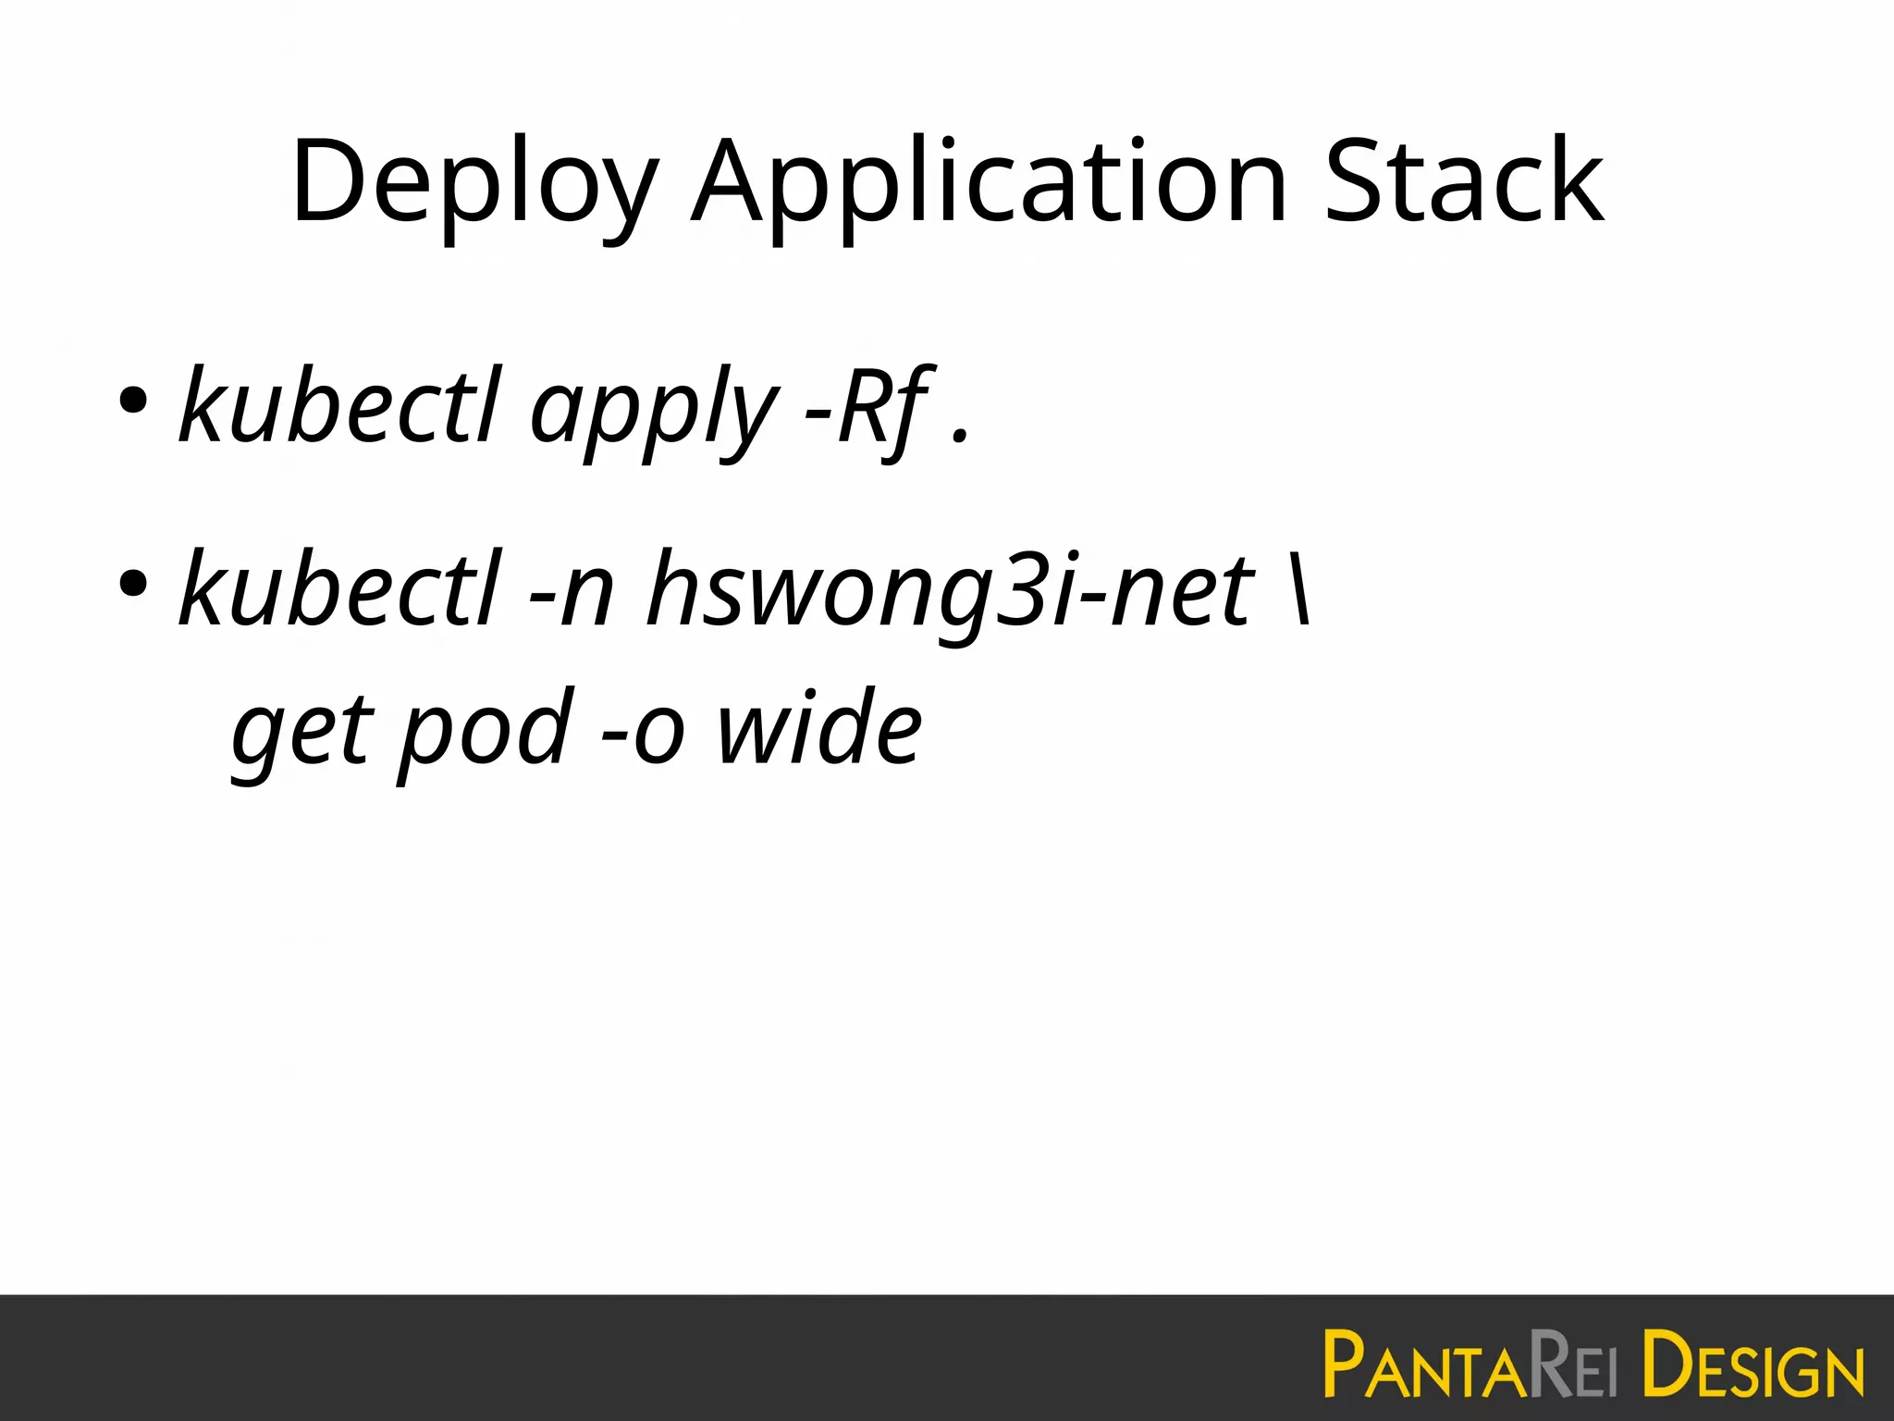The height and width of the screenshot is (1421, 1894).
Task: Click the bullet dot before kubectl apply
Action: (133, 401)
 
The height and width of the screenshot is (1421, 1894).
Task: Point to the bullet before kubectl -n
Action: (133, 584)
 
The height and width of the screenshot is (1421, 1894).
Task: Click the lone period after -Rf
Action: (961, 436)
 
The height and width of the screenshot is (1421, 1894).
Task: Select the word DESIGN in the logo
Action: (1753, 1365)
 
